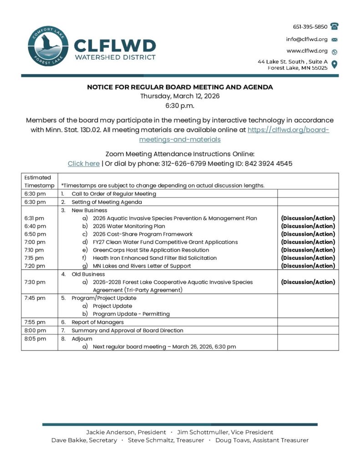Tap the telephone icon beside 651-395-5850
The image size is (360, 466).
point(335,26)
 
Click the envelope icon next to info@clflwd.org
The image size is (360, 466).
point(335,39)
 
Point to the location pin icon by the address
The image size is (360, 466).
point(335,64)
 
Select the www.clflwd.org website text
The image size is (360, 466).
point(307,51)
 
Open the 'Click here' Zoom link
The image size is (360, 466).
point(83,163)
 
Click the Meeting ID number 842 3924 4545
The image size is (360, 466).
point(269,163)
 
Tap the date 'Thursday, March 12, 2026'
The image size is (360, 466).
point(180,96)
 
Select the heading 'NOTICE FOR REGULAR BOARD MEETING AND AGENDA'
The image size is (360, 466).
point(180,86)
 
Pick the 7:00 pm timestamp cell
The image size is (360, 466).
point(35,242)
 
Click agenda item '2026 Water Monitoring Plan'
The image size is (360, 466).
point(129,226)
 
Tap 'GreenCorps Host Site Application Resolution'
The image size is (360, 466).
point(151,250)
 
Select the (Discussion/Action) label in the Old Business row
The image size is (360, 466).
point(308,282)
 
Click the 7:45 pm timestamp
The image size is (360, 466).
point(35,298)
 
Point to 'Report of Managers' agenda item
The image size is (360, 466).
point(97,322)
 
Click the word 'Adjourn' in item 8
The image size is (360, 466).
point(82,339)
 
